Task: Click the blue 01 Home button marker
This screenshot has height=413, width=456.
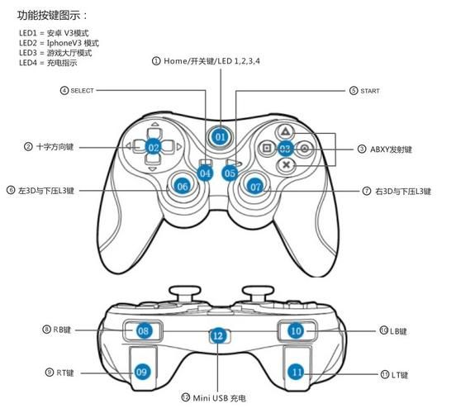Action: (220, 135)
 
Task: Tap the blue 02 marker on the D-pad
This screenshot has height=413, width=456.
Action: (154, 147)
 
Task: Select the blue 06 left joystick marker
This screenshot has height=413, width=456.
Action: (183, 187)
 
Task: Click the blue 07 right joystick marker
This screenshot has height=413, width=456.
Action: (256, 187)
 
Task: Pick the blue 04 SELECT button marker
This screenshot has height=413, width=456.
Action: (206, 173)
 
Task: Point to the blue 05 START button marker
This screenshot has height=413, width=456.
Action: (230, 173)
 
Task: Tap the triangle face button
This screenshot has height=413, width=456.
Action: (284, 131)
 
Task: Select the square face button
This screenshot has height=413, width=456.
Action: (267, 149)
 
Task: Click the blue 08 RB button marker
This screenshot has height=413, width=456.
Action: (144, 330)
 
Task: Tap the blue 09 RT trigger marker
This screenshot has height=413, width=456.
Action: (141, 373)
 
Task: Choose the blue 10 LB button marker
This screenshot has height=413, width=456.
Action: (296, 330)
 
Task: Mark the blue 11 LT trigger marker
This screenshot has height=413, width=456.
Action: (297, 373)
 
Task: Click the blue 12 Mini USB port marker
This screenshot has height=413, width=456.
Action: (217, 335)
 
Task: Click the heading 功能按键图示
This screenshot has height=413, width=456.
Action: (53, 15)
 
